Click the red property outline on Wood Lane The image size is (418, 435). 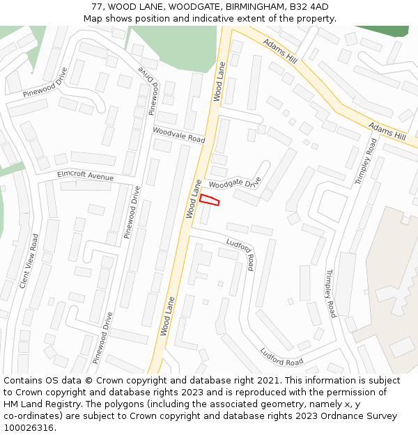point(210,200)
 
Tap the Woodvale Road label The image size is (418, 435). point(179,134)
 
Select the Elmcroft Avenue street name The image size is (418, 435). point(85,175)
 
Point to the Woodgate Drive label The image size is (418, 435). point(235,184)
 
